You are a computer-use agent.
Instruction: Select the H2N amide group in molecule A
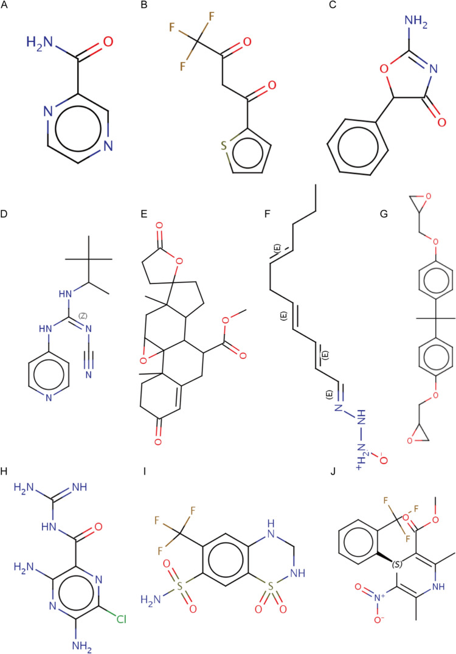39,43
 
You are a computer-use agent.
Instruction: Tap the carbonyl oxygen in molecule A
108,43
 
